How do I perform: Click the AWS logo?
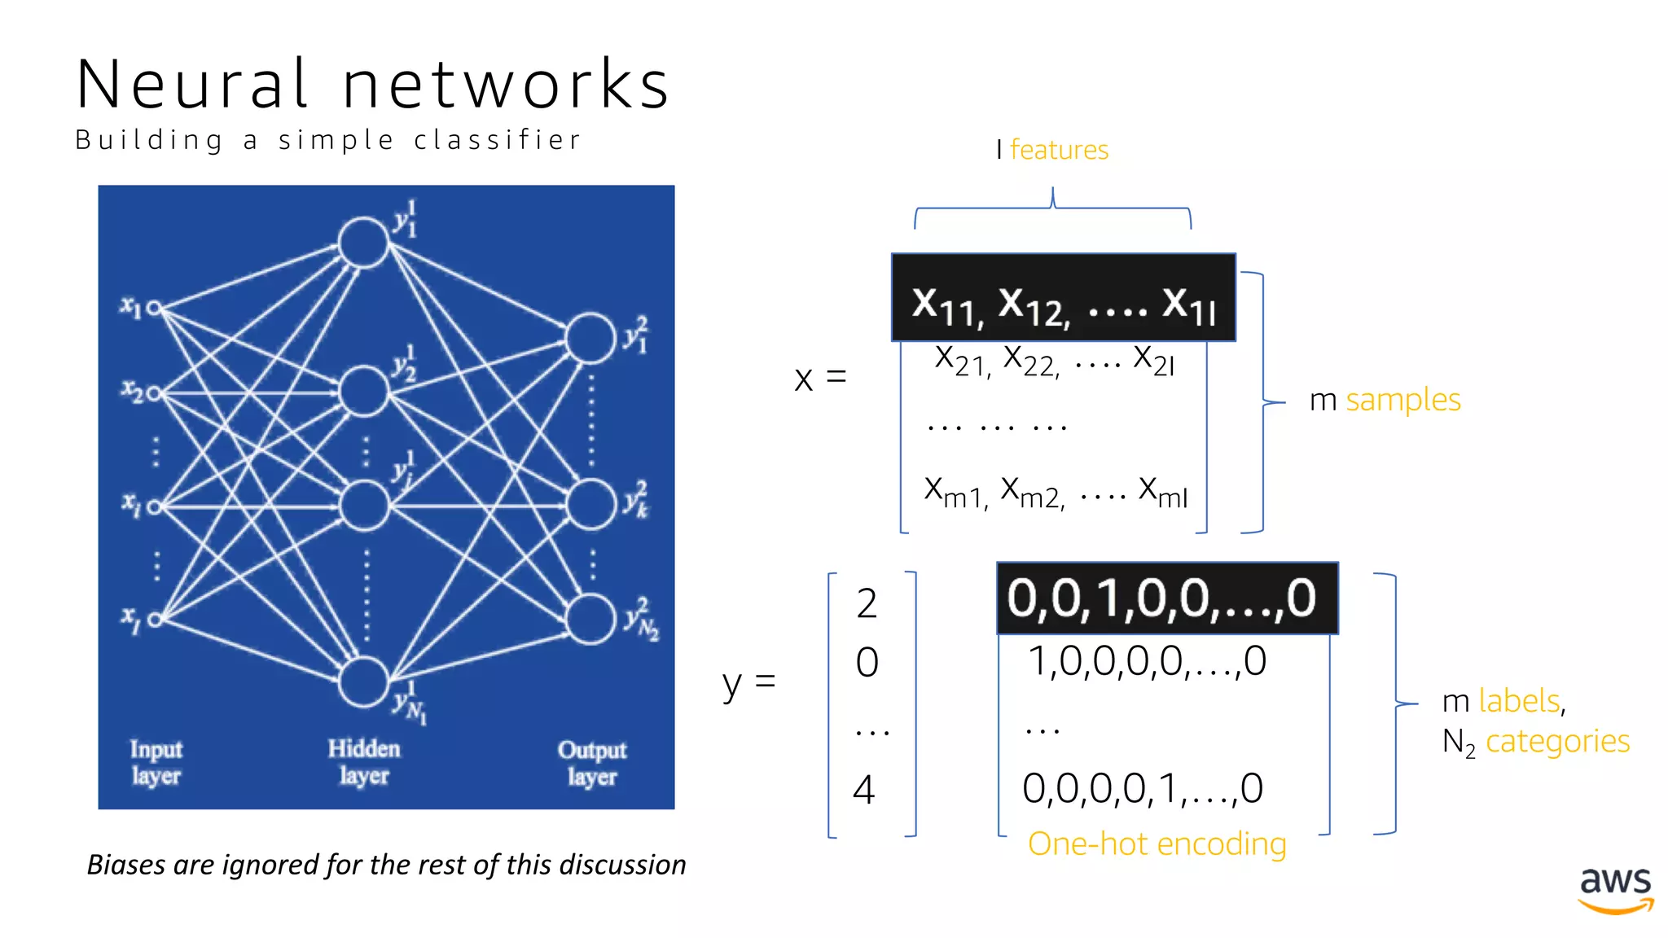[x=1616, y=889]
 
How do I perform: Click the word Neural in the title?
[x=192, y=85]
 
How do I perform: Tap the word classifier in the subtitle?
[x=498, y=140]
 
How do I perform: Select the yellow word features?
[x=1059, y=150]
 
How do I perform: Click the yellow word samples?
[x=1402, y=400]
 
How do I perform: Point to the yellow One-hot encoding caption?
[x=1157, y=844]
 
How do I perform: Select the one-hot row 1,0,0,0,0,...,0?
[x=1147, y=661]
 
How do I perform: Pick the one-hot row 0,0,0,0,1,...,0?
[x=1143, y=788]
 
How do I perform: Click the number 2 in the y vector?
[x=867, y=604]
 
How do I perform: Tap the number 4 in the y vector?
[x=864, y=790]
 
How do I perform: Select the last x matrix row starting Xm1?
[x=1056, y=491]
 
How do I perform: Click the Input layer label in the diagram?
[x=156, y=762]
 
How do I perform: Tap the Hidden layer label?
[x=363, y=762]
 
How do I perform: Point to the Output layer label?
[x=592, y=763]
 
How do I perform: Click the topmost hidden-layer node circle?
[x=363, y=242]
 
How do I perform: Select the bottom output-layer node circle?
[x=590, y=619]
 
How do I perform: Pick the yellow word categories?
[x=1557, y=741]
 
